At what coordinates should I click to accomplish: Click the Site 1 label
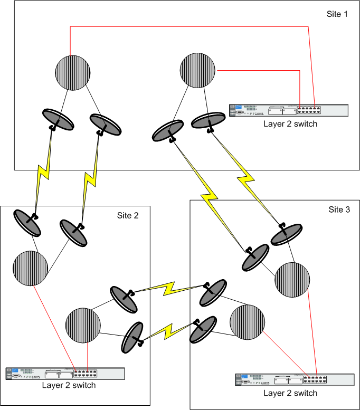pos(337,14)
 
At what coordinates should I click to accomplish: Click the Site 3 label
pos(339,209)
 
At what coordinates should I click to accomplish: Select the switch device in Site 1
pos(289,110)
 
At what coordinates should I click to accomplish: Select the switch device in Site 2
pos(65,374)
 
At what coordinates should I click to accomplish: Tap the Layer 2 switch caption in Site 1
pos(290,124)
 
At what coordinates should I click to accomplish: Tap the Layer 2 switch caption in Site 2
pos(69,385)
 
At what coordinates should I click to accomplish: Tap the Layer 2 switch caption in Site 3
pos(290,393)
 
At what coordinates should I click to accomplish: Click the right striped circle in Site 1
pos(198,69)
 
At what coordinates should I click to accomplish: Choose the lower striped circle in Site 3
pos(248,322)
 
